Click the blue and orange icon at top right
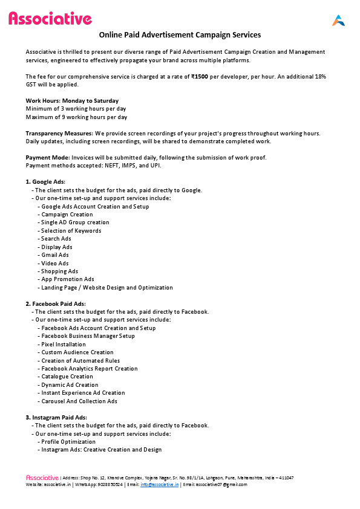[x=338, y=20]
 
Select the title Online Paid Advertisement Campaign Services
[x=180, y=35]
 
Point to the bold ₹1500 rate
[x=217, y=76]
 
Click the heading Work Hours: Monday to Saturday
[x=72, y=100]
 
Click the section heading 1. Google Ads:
[x=45, y=182]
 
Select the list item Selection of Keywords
[x=71, y=231]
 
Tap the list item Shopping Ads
[x=59, y=271]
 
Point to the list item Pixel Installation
[x=64, y=345]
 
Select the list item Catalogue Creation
[x=67, y=377]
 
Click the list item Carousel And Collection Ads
[x=79, y=401]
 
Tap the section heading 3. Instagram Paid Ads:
[x=56, y=418]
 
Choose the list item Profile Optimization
[x=68, y=442]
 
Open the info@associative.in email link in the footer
[x=159, y=485]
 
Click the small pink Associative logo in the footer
[x=42, y=478]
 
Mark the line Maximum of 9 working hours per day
[x=76, y=117]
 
